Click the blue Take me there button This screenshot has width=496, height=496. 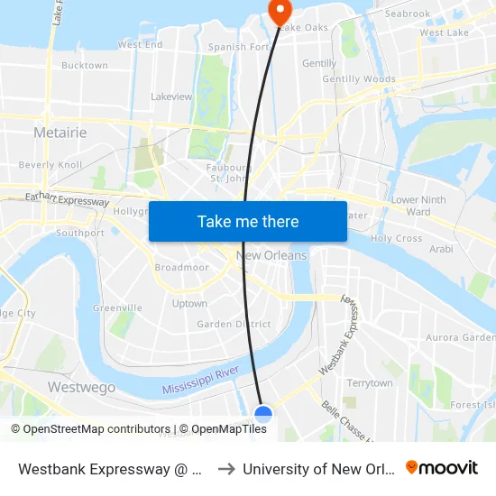pyautogui.click(x=248, y=221)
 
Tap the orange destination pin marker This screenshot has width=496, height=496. pyautogui.click(x=280, y=12)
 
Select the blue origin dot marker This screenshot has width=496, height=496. pyautogui.click(x=263, y=415)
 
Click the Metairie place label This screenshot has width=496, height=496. pyautogui.click(x=60, y=133)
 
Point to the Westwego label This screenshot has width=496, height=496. pyautogui.click(x=81, y=387)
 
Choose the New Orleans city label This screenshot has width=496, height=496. pyautogui.click(x=271, y=255)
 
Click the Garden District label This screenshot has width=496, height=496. pyautogui.click(x=234, y=324)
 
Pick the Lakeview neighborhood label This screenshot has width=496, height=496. pyautogui.click(x=171, y=96)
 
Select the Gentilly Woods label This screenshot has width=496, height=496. pyautogui.click(x=359, y=79)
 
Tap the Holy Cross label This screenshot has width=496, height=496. pyautogui.click(x=396, y=239)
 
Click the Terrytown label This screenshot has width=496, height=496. pyautogui.click(x=370, y=383)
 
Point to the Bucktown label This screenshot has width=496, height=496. pyautogui.click(x=85, y=66)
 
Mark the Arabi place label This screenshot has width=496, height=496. pyautogui.click(x=441, y=248)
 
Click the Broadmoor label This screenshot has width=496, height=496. pyautogui.click(x=182, y=268)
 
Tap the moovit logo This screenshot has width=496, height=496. pyautogui.click(x=441, y=468)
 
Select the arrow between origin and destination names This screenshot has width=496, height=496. pyautogui.click(x=226, y=469)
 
